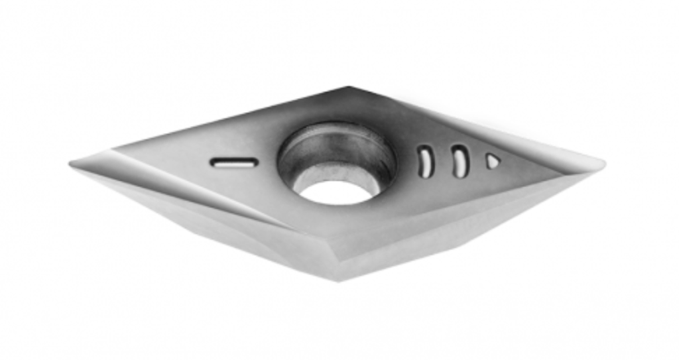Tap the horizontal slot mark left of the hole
point(233,162)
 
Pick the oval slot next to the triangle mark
point(460,161)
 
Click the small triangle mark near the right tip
point(492,161)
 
